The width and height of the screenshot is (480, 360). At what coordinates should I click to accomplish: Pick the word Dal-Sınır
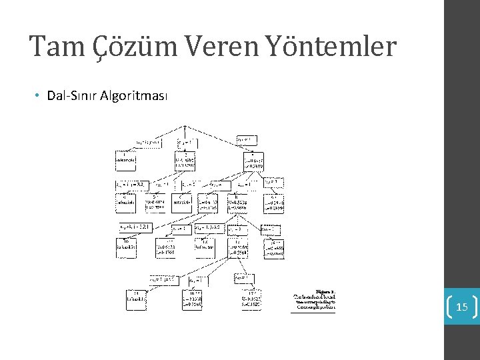tap(72, 96)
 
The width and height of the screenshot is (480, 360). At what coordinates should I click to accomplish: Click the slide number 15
tap(462, 307)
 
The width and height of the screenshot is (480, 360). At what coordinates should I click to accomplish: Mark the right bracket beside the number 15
tap(475, 307)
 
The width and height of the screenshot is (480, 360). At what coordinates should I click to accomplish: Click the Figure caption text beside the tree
tap(315, 300)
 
